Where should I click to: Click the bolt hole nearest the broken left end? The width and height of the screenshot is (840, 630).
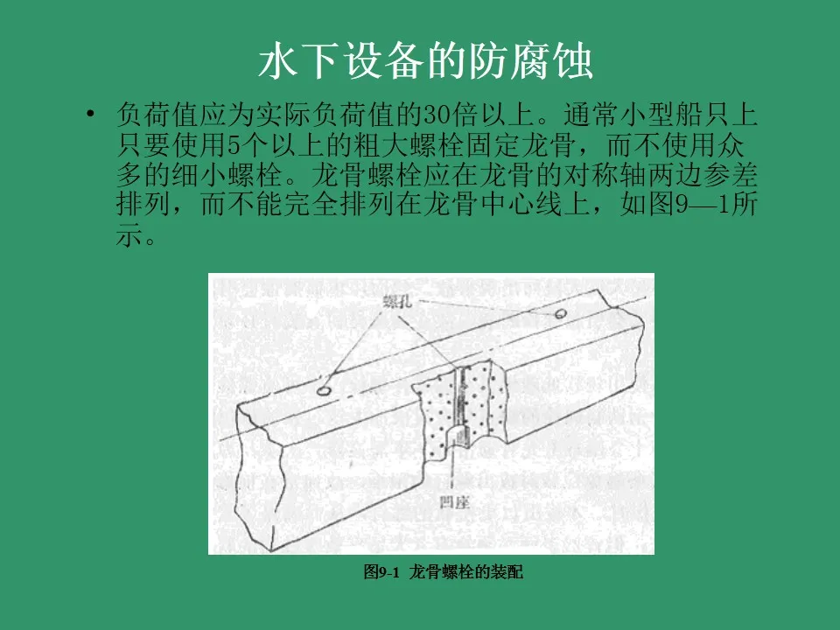(x=323, y=391)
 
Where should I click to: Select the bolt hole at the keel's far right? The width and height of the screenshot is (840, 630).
(x=559, y=312)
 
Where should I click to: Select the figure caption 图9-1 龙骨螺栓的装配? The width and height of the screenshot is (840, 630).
(x=443, y=572)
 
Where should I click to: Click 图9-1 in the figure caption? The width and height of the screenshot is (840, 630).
(x=381, y=572)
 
